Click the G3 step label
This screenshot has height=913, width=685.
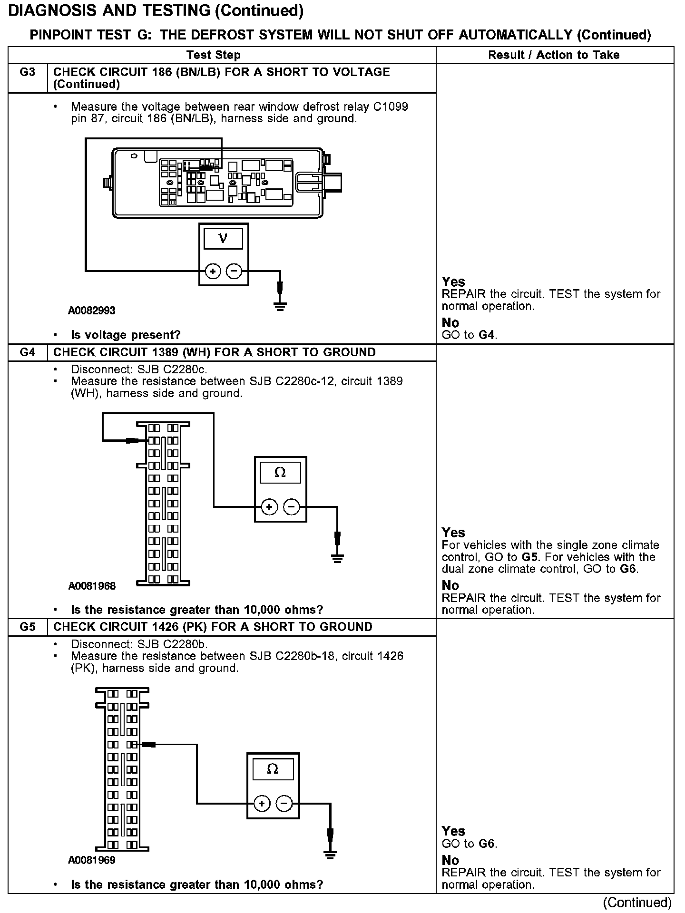(28, 72)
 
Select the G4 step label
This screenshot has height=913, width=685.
(28, 352)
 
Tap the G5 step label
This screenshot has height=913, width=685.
(28, 627)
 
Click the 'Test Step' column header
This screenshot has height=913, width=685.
(214, 55)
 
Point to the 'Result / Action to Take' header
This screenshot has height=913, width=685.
(554, 55)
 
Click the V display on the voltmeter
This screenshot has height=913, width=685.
(223, 239)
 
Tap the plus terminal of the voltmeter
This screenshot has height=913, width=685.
(213, 272)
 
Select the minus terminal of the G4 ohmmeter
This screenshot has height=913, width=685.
(291, 507)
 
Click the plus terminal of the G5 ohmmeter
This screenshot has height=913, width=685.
(261, 804)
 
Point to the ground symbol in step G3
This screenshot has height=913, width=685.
(280, 306)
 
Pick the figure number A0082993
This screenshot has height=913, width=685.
(91, 311)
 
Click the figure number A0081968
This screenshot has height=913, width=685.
(91, 586)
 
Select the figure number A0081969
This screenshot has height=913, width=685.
(91, 860)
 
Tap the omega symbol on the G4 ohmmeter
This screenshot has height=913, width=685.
(280, 473)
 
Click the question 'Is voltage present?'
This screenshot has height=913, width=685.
(126, 335)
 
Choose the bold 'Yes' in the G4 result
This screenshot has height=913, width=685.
(453, 533)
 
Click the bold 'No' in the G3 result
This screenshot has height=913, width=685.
(450, 323)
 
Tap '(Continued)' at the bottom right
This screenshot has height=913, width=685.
(637, 902)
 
